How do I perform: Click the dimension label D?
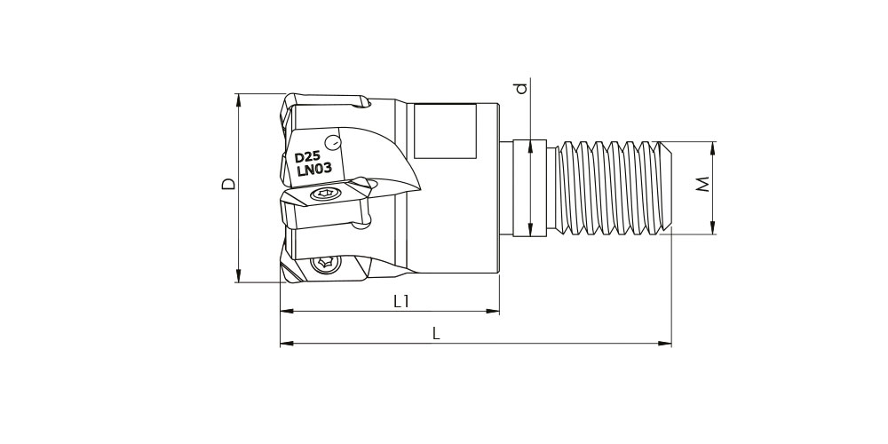point(228,184)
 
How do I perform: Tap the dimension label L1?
point(401,303)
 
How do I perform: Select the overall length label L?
point(436,334)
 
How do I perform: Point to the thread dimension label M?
point(702,185)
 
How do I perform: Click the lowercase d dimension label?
point(521,88)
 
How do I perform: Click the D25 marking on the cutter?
point(307,157)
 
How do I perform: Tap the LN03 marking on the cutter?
point(314,170)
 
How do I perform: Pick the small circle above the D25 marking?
point(334,142)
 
